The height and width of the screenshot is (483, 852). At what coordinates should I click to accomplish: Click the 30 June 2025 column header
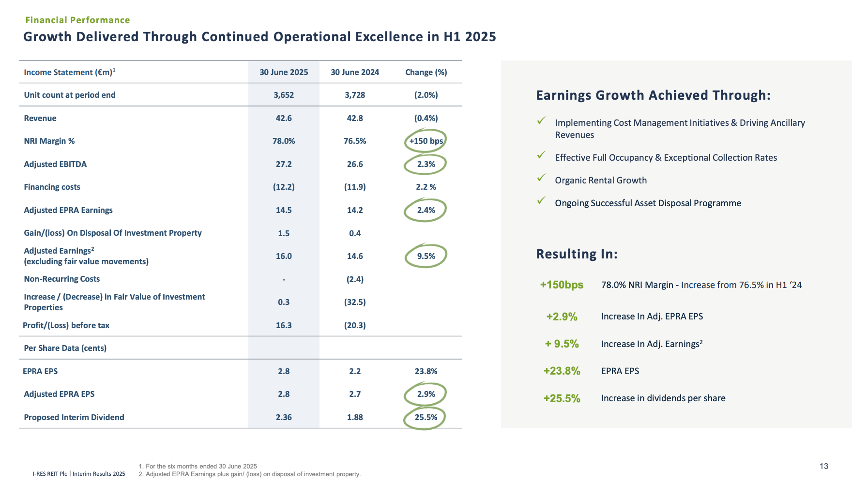pos(284,72)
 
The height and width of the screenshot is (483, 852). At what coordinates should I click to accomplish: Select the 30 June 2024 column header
pos(355,72)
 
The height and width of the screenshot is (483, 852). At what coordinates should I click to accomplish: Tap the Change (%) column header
pos(426,72)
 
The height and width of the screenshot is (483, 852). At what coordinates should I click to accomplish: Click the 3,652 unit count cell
pos(284,95)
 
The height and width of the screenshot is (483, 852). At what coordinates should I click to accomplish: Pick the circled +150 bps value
pos(426,141)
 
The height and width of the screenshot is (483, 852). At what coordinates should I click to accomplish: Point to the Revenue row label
pos(40,118)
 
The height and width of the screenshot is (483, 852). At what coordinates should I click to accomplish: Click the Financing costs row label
pos(52,187)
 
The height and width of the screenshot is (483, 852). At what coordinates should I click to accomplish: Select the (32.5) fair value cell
pos(355,302)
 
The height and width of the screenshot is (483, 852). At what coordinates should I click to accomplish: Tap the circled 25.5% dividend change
pos(426,417)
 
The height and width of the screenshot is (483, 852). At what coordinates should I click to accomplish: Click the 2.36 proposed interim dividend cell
pos(284,417)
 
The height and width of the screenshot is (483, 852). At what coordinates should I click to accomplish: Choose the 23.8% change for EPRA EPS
pos(426,371)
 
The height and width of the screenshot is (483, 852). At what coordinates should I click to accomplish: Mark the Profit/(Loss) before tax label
pos(66,325)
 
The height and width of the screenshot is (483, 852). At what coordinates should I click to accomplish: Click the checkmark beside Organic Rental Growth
pos(541,178)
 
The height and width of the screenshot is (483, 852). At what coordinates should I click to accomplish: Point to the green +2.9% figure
pos(562,317)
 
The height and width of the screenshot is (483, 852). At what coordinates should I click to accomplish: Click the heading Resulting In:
pos(577,254)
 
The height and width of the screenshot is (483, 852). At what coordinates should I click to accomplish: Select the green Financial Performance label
pos(77,20)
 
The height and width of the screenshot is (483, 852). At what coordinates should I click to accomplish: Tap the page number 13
pos(824,466)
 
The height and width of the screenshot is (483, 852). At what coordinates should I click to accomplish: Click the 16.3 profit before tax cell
pos(284,325)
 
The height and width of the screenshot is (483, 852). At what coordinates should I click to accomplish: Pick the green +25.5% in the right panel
pos(562,398)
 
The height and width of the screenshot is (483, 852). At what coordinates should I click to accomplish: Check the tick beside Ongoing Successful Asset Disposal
pos(541,200)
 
